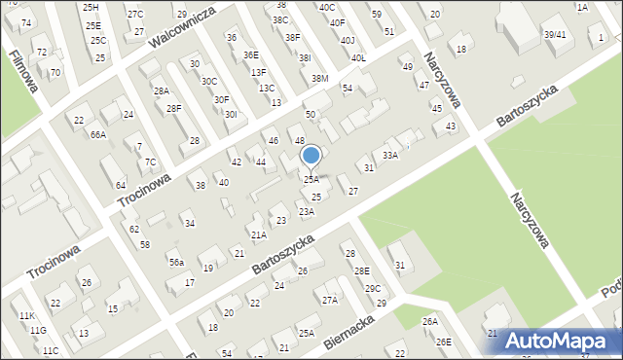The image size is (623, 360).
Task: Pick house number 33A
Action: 390,155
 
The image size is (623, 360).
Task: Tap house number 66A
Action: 98,134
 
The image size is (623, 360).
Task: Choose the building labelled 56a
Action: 175,263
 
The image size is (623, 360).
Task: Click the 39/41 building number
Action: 555,34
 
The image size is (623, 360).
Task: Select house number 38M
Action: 319,78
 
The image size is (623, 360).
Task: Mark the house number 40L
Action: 358,57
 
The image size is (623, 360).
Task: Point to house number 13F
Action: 258,72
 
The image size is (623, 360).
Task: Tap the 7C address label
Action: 150,162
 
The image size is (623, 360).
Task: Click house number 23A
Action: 306,211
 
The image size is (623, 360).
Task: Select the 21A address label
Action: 258,234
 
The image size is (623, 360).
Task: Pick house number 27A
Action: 330,301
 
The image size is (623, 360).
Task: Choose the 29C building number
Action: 373,289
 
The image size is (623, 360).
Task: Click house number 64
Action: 120,185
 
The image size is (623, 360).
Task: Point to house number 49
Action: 407,66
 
